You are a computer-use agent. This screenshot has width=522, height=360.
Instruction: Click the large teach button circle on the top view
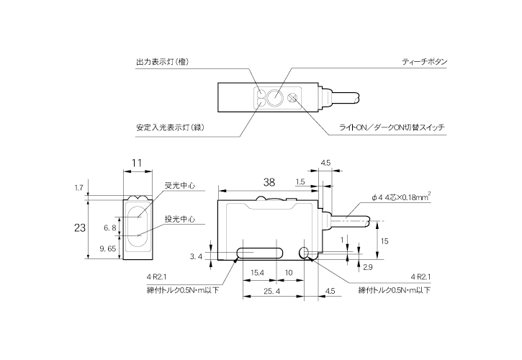tap(276, 96)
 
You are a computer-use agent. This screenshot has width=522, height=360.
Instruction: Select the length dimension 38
tap(269, 183)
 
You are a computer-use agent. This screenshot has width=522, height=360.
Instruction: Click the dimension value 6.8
tap(110, 228)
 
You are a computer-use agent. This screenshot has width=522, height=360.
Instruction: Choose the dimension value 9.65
tap(107, 248)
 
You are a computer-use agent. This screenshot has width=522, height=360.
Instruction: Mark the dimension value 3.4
tap(195, 256)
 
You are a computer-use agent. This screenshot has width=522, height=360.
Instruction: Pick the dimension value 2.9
tap(367, 267)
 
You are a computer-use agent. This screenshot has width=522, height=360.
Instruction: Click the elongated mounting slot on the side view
tap(257, 252)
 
